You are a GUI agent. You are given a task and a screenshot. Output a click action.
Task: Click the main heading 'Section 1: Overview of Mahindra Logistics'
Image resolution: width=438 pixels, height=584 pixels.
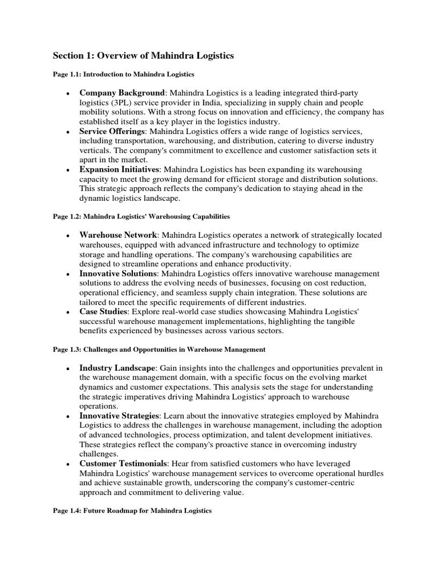143,55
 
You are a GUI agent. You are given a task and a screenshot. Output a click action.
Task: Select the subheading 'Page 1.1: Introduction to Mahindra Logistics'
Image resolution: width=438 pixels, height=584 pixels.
124,74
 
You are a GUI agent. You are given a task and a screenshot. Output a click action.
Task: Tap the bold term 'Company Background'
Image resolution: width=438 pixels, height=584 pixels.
122,92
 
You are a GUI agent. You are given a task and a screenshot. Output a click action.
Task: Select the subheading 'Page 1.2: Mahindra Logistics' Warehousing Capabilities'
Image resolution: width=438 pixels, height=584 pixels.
141,217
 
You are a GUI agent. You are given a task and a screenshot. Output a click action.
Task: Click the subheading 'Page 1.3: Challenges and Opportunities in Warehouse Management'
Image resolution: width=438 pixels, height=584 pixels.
159,348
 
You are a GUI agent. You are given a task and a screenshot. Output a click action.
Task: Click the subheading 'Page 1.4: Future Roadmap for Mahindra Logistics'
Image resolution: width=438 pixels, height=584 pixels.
132,511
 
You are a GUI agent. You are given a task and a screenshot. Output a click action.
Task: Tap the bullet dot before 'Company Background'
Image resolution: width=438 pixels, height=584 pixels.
68,94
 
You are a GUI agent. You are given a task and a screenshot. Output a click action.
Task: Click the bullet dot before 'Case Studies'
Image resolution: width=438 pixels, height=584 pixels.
68,313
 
